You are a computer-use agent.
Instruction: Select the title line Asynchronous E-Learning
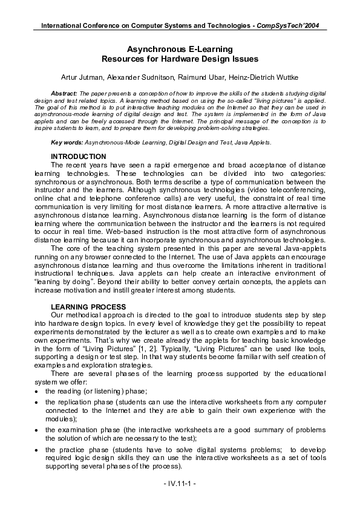[x=180, y=48]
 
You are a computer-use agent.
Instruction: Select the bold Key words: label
[x=68, y=142]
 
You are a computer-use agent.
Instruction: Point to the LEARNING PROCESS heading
[x=88, y=307]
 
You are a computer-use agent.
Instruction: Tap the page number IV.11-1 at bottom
[x=179, y=484]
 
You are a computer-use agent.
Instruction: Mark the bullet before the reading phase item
[x=38, y=392]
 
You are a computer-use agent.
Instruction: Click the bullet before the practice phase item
[x=38, y=450]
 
